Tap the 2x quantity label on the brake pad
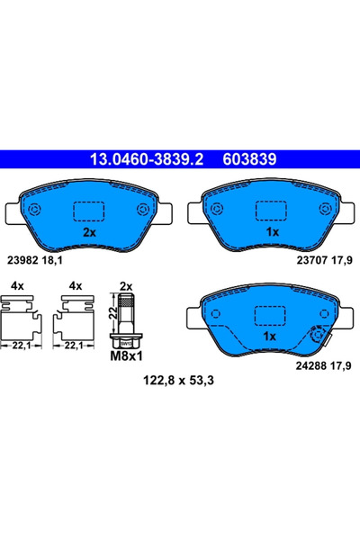point(89,231)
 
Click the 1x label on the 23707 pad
point(271,231)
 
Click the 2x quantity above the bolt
point(126,285)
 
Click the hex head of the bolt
point(126,342)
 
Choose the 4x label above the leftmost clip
point(15,285)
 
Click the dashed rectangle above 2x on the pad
point(89,210)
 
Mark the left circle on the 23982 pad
point(36,210)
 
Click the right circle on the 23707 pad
point(323,210)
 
